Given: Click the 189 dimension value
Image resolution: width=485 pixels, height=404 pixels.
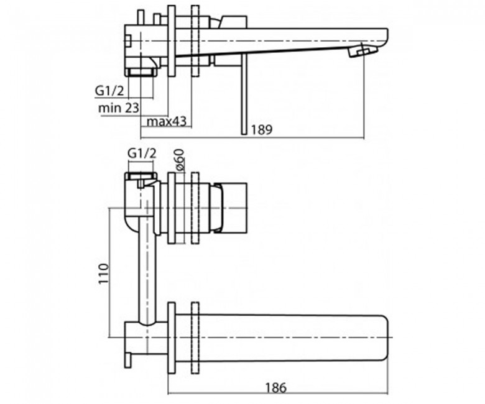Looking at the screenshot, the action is coord(261,129).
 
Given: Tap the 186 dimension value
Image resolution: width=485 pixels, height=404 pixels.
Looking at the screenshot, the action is coord(276,388).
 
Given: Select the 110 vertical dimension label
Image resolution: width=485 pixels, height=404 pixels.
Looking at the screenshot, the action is coord(103,273).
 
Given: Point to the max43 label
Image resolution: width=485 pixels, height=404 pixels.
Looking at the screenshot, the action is coord(167,121).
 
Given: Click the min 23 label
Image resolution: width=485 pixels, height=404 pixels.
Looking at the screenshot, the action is coord(119,108).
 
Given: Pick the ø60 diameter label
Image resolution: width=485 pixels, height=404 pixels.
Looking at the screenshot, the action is coord(180,160).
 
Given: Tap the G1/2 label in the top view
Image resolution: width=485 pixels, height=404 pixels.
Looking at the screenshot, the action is coord(109,91).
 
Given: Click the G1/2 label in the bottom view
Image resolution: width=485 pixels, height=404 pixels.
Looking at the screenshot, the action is coord(142,154).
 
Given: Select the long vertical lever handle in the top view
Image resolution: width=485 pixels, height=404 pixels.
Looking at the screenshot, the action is coord(244,94).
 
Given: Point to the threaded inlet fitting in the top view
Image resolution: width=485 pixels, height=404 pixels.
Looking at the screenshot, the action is coord(141,71).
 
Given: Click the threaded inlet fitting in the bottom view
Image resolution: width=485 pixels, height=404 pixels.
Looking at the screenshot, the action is coord(141,176).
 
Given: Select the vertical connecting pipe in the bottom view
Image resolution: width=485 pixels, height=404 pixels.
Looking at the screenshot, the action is coord(146,262).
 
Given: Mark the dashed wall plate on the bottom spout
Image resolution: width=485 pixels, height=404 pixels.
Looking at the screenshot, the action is coord(195,339).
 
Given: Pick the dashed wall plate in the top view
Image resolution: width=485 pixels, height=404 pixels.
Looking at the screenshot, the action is coord(195,41).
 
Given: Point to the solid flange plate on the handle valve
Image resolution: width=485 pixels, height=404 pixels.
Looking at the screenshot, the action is coord(172,208).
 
